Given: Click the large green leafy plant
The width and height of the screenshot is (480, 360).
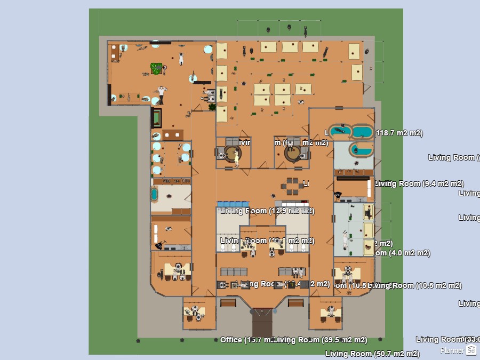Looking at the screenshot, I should click(156, 68).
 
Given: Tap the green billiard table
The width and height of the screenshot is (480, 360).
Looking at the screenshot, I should click(156, 116).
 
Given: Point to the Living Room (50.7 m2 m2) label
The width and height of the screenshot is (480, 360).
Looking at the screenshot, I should click(372, 353).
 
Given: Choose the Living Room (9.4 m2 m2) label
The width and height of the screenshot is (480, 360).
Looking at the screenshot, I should click(419, 183).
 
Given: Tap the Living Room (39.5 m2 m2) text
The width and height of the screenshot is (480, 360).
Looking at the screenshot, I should click(321, 340).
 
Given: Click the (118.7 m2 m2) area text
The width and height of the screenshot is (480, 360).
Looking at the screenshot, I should click(399, 133).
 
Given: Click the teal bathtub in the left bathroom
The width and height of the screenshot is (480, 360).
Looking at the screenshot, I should click(155, 194).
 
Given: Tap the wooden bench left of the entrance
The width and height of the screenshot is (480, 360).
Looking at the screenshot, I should click(228, 303).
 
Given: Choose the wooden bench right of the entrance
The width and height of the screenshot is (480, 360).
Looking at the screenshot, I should click(295, 303).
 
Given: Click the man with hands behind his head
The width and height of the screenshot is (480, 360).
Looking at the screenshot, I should click(162, 91).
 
